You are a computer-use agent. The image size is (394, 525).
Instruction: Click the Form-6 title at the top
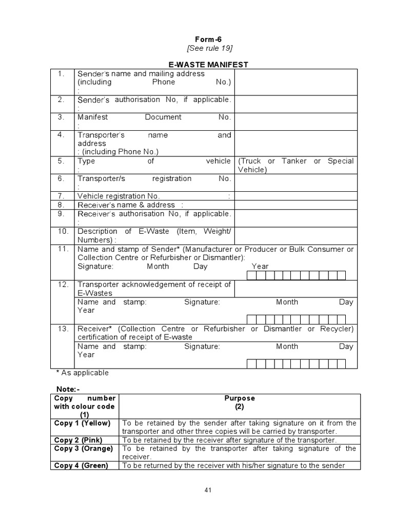[x=209, y=39]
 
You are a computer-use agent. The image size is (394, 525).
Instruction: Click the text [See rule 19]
[x=209, y=48]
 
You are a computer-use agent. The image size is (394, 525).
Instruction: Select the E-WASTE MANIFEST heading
[x=209, y=65]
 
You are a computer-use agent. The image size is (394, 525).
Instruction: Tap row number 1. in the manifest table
[x=62, y=74]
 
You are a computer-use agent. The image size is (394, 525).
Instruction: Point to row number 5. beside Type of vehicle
[x=62, y=161]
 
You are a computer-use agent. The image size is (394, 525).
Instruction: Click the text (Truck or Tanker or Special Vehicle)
[x=295, y=165]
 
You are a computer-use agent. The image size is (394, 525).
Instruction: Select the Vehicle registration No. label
[x=119, y=196]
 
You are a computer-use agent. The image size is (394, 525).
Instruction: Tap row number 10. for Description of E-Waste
[x=63, y=231]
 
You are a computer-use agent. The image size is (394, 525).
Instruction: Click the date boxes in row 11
[x=296, y=276]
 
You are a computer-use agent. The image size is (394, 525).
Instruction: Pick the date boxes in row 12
[x=296, y=319]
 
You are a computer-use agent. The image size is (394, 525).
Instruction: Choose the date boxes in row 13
[x=296, y=364]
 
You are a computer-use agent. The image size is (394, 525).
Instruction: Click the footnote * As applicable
[x=83, y=373]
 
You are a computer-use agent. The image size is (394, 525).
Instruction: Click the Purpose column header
[x=240, y=398]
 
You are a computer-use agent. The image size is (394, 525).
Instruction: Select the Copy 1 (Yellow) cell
[x=83, y=423]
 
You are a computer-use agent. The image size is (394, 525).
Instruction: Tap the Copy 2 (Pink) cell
[x=78, y=440]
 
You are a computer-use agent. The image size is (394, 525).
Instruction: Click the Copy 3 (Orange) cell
[x=83, y=449]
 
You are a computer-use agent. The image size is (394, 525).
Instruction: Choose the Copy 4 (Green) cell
[x=81, y=466]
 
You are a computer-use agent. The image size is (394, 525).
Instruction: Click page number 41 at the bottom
[x=208, y=490]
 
